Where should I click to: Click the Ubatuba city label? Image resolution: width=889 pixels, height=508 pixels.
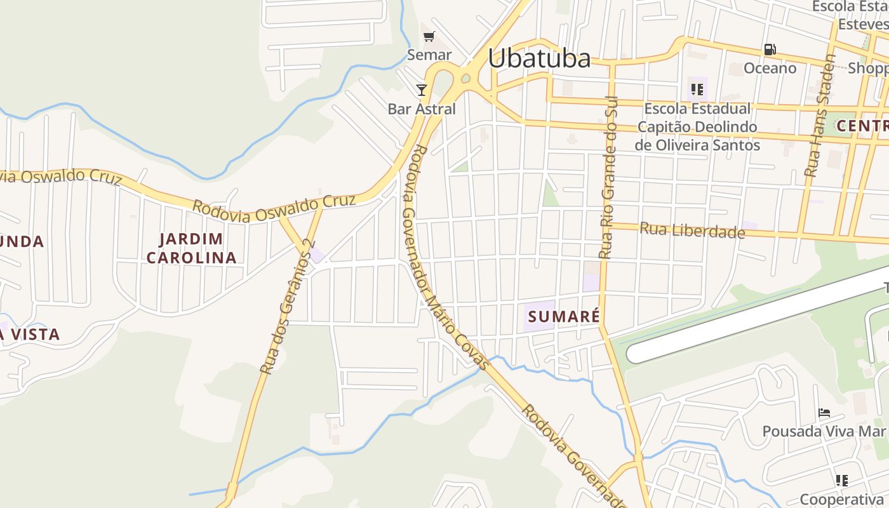(539, 58)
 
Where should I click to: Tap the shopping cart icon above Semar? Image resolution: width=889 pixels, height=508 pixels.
(429, 36)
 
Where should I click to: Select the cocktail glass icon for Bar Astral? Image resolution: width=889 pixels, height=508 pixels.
(422, 90)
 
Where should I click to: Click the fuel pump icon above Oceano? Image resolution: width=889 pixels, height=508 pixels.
(770, 50)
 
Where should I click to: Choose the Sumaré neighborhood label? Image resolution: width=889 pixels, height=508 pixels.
(563, 316)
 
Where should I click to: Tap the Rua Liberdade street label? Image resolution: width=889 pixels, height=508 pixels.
(692, 230)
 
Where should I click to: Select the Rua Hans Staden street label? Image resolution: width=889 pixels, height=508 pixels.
(819, 114)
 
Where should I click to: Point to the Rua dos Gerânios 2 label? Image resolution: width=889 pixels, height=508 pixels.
(288, 306)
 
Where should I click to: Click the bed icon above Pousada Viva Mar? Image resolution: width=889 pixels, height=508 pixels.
(824, 413)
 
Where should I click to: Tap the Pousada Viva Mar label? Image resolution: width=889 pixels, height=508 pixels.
(824, 432)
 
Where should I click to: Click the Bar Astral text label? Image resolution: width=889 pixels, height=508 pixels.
(422, 109)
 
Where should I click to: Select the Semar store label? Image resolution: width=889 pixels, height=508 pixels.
(429, 55)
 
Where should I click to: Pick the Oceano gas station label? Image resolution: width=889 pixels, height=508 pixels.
(770, 69)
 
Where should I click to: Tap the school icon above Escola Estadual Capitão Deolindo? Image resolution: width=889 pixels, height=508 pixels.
(697, 90)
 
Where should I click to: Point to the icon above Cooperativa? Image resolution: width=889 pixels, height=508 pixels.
(841, 480)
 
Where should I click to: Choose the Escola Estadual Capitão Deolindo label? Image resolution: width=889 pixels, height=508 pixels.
(697, 127)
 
